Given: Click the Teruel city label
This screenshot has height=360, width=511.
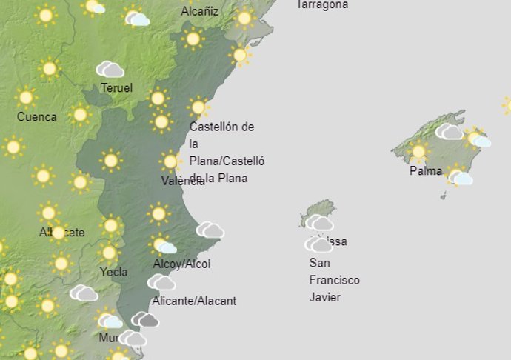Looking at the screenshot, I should (x=116, y=88).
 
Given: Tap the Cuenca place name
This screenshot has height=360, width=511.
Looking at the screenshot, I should (x=36, y=116).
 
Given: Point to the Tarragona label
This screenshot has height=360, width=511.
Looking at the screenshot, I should (x=322, y=4).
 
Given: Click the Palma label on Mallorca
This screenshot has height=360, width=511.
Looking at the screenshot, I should (x=426, y=171).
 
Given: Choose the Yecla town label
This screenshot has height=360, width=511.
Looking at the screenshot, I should (x=113, y=272).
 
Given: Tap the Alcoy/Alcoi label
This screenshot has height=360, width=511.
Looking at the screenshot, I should (x=181, y=264).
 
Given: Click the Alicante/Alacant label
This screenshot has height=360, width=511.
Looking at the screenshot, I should (x=194, y=301).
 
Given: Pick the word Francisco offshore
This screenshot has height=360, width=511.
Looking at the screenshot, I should (x=334, y=280).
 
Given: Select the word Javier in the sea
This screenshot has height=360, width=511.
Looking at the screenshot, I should (x=325, y=297).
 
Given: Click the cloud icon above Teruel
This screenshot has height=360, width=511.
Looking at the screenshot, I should (x=110, y=70).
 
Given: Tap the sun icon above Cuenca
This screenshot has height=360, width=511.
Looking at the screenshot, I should (x=26, y=97).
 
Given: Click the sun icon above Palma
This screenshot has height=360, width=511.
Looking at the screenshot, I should (x=419, y=152).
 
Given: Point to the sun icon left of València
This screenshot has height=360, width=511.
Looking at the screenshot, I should (x=171, y=161).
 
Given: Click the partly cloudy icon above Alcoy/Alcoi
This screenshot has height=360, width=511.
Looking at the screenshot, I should (x=162, y=244).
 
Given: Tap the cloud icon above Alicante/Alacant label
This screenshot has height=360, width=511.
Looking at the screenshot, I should (x=161, y=282).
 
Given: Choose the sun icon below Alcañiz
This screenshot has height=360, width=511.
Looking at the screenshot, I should (x=193, y=39).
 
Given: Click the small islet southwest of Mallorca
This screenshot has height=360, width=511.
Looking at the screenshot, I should (x=444, y=196).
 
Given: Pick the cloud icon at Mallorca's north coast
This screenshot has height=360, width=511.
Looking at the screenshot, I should (x=449, y=132).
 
